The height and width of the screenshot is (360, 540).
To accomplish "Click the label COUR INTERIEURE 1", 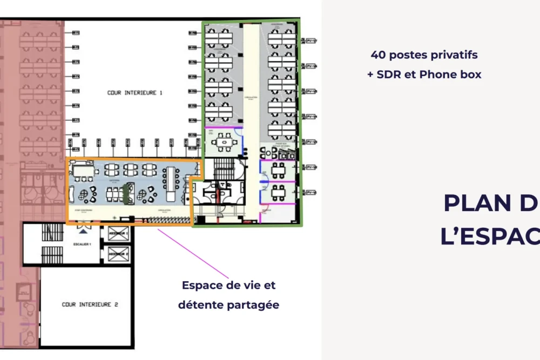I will click(135, 93).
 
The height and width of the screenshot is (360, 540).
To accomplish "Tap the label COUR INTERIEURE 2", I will click(90, 304).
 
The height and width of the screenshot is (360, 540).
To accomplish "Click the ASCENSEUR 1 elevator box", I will click(118, 234).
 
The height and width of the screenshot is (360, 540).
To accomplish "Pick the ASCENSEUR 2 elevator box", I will click(118, 254).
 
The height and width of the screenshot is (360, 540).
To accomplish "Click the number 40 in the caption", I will click(377, 55).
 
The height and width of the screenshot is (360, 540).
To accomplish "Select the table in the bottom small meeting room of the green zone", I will click(278, 192).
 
